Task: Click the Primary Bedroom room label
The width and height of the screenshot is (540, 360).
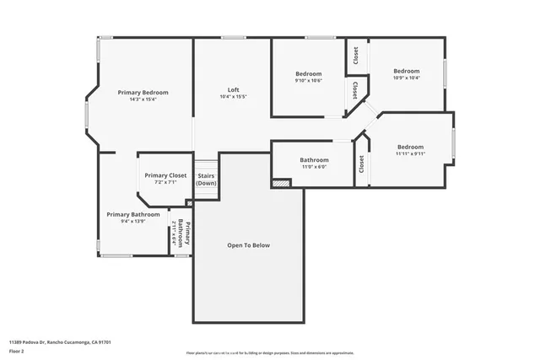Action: pyautogui.click(x=143, y=92)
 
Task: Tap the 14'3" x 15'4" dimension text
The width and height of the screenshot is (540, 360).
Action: pyautogui.click(x=143, y=99)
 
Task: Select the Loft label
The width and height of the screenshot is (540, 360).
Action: pyautogui.click(x=233, y=89)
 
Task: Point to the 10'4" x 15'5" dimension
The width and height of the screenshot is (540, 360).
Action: pyautogui.click(x=233, y=97)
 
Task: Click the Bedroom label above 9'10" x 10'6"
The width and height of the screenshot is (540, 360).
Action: pyautogui.click(x=308, y=73)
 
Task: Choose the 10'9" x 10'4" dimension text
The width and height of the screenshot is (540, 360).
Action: pyautogui.click(x=407, y=78)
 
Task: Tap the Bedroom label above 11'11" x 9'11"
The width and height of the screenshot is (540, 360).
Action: pyautogui.click(x=410, y=146)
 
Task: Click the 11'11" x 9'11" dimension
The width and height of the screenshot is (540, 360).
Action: pyautogui.click(x=410, y=153)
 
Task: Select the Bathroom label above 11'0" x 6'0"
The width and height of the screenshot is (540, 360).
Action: pyautogui.click(x=314, y=159)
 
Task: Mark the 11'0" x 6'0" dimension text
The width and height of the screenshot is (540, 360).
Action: pyautogui.click(x=314, y=167)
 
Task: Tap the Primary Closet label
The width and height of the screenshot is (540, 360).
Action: pyautogui.click(x=165, y=175)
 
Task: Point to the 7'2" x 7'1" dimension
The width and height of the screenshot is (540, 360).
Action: pyautogui.click(x=165, y=182)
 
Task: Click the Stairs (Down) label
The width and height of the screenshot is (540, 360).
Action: pyautogui.click(x=206, y=179)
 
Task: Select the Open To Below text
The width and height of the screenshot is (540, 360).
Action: pyautogui.click(x=249, y=245)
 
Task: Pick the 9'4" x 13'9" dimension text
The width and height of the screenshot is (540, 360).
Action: pyautogui.click(x=132, y=222)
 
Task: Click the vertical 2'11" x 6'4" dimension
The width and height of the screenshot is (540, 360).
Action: pyautogui.click(x=175, y=233)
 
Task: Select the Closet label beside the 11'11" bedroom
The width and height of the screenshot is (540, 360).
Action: pyautogui.click(x=361, y=164)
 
